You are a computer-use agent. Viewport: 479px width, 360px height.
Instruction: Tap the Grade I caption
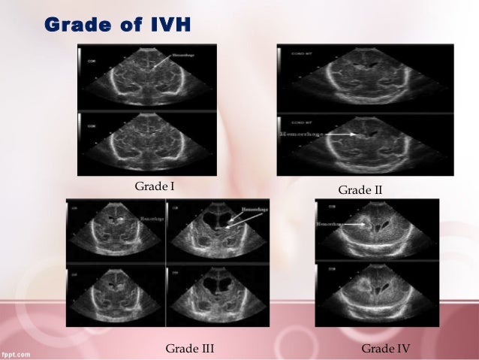[153, 185]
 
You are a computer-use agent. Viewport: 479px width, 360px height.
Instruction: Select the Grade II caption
[360, 190]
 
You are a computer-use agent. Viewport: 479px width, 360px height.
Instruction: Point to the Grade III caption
[190, 348]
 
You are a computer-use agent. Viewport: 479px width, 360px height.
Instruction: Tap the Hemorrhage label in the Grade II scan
[295, 134]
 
